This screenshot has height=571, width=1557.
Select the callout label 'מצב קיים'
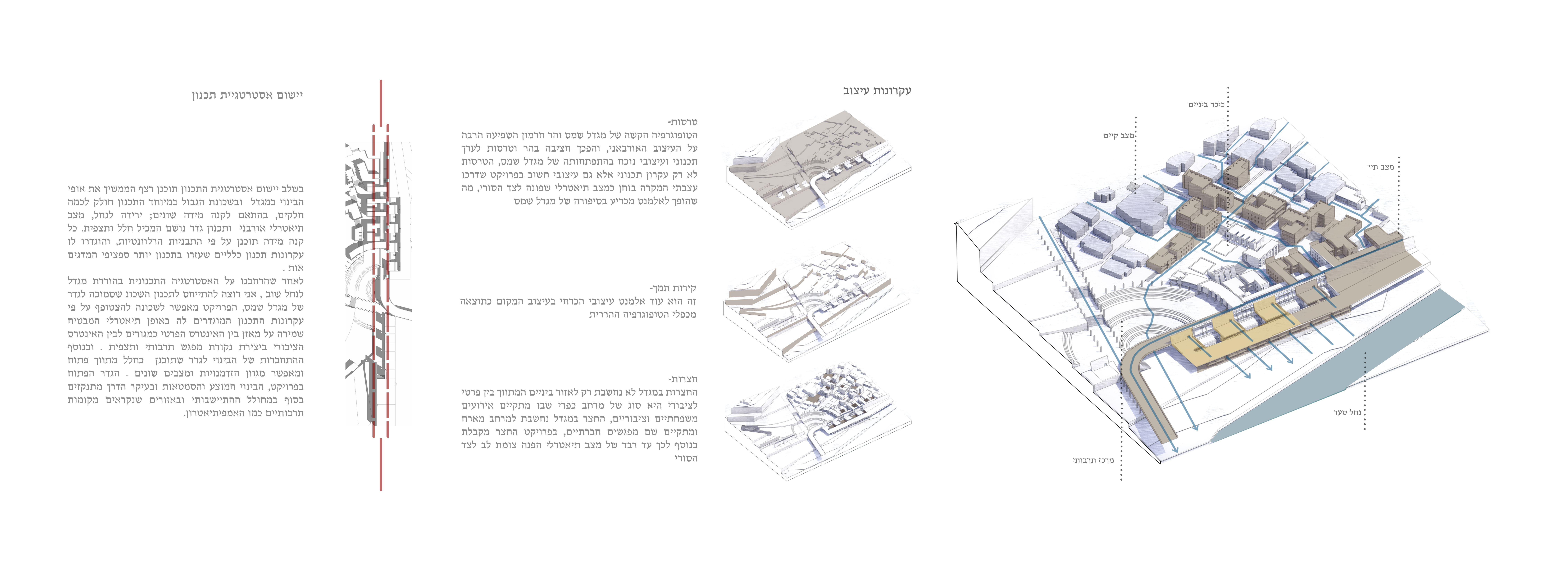(1119, 135)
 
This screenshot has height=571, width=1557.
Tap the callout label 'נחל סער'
(1347, 412)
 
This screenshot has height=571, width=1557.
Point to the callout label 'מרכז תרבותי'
(1093, 460)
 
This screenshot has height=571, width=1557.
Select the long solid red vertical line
(381, 285)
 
